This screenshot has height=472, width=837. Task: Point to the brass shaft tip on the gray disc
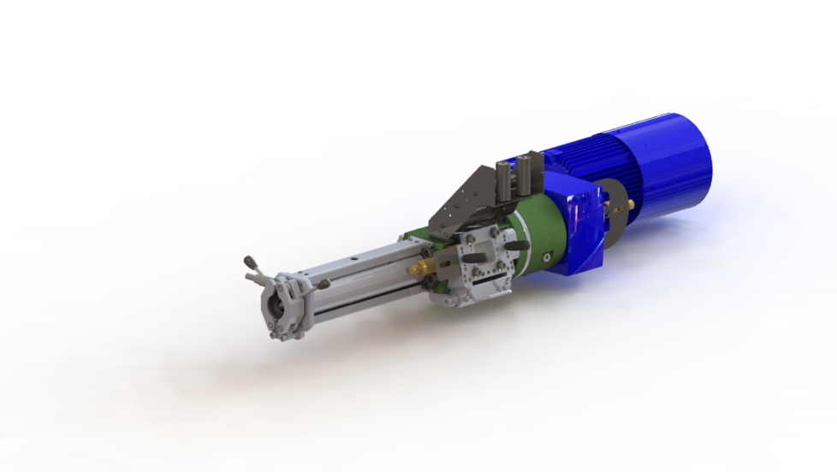(632, 205)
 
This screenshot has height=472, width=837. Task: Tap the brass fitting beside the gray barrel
(420, 268)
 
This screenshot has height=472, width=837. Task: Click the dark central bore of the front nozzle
(276, 303)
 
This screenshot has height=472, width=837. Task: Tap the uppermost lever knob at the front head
(250, 260)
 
